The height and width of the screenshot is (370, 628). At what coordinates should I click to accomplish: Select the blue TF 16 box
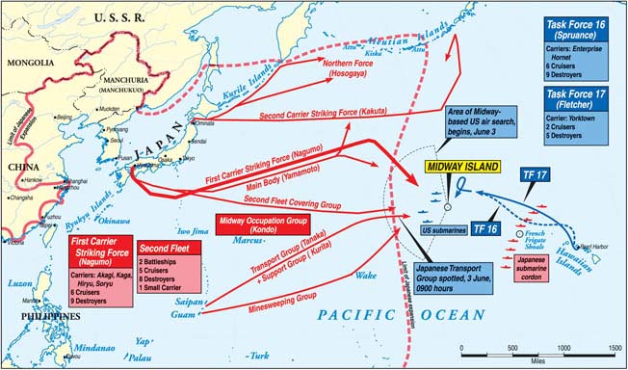point(485,229)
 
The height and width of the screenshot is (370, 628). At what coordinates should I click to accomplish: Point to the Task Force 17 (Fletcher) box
point(576,113)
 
